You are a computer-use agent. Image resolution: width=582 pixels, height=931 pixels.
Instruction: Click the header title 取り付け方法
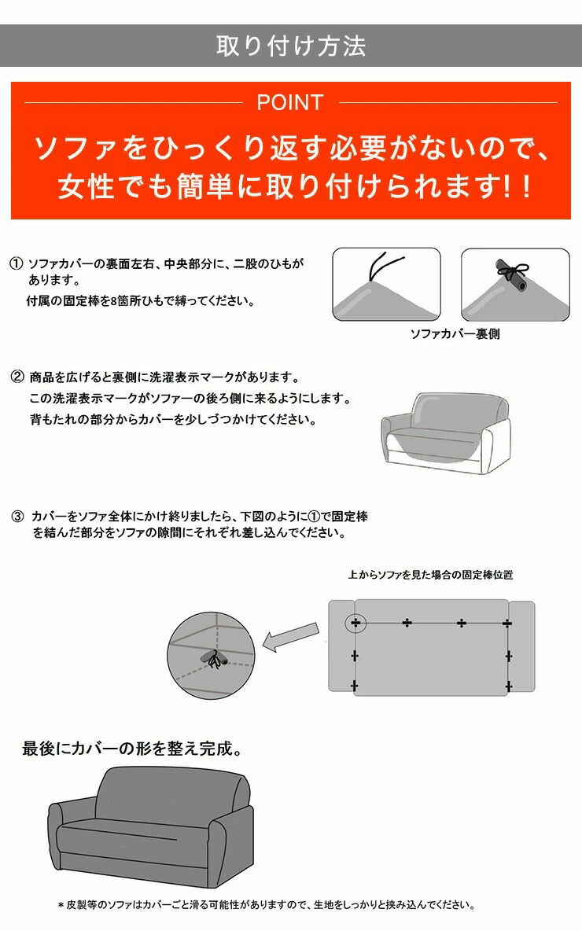point(291,46)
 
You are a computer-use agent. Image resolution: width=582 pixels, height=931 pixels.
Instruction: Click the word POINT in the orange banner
point(289,103)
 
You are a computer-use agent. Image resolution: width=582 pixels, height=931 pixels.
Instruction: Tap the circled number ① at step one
point(17,263)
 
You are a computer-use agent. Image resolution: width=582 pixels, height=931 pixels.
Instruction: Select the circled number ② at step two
point(17,377)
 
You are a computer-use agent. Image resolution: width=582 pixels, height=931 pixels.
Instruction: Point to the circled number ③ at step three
point(18,517)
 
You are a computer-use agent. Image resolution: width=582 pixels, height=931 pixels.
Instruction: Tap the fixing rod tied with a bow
point(514,274)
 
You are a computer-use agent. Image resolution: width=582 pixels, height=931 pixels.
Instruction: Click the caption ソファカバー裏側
point(455,333)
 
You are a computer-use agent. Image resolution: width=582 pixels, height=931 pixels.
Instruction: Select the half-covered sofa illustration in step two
point(445,432)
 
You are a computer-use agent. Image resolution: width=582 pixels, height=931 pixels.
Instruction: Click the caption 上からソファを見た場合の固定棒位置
point(430,575)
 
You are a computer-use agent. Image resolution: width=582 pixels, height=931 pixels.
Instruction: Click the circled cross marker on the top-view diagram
point(355,623)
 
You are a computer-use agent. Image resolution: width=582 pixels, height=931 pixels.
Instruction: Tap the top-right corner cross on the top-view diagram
point(507,623)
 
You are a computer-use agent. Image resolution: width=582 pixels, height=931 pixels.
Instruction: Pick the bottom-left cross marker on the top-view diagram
point(355,686)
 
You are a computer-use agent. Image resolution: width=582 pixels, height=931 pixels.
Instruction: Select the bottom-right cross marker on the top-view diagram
point(508,687)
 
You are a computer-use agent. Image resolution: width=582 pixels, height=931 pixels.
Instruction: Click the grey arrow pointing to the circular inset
point(290,637)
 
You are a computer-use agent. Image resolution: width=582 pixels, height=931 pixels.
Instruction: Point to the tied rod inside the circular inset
point(215,659)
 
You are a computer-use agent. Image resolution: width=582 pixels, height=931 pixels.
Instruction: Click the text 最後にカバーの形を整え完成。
point(133,748)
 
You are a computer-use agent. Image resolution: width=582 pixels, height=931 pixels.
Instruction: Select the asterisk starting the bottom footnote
point(61,906)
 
